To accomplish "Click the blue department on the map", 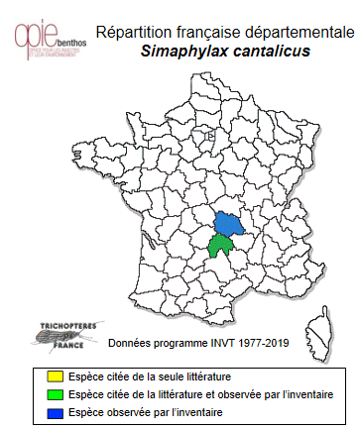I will point(229,225).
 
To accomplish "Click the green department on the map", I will point(220,247).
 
